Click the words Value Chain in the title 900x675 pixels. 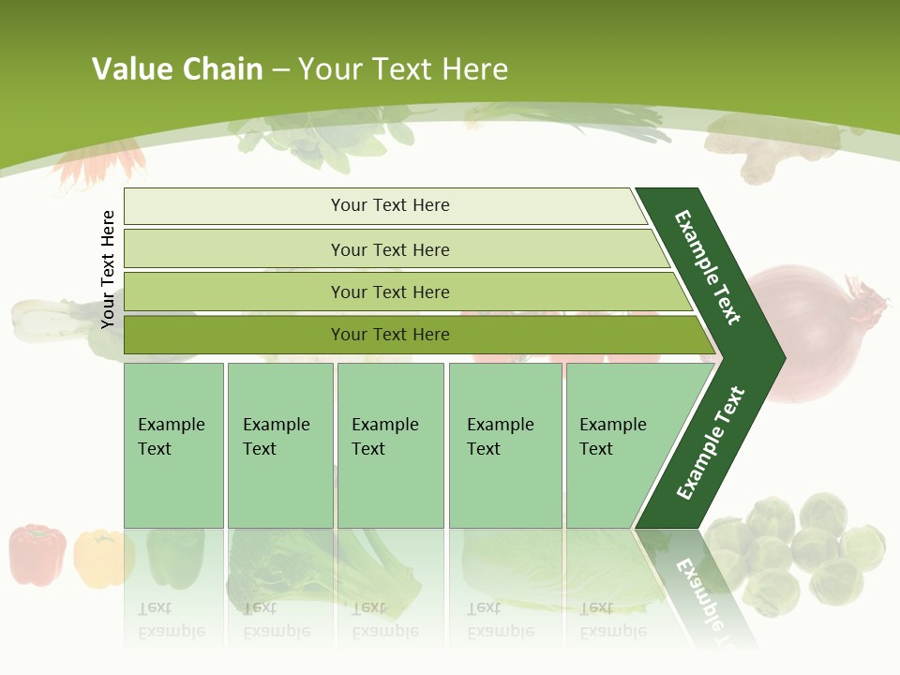[x=177, y=69]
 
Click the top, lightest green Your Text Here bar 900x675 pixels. [x=389, y=205]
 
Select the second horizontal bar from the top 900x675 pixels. [x=389, y=249]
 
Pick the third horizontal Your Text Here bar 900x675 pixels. [x=389, y=292]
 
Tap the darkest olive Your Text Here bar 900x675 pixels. [x=389, y=335]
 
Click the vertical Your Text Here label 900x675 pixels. [x=108, y=269]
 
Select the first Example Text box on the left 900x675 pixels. [x=173, y=445]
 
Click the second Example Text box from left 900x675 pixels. [x=279, y=445]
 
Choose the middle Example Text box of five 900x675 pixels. [x=390, y=445]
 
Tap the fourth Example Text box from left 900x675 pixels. [x=504, y=445]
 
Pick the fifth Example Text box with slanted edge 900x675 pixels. [x=619, y=445]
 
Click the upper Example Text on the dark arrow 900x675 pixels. [x=708, y=267]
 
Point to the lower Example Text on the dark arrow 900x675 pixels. [x=711, y=442]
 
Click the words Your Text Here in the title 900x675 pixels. [x=403, y=69]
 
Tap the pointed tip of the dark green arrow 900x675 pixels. [x=783, y=358]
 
